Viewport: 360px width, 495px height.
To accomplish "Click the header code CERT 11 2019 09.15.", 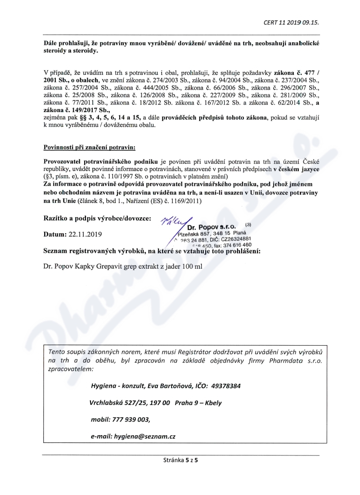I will [294, 22].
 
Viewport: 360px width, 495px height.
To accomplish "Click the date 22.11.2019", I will [85, 234].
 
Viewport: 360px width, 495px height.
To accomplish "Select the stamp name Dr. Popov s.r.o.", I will [212, 227].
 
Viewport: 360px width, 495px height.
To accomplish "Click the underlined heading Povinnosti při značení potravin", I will [89, 148].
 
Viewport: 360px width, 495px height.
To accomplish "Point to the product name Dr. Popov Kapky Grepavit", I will [83, 266].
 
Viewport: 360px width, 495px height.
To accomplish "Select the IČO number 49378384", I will [225, 386].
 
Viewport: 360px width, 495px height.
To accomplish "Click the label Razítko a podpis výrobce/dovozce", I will [95, 219].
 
